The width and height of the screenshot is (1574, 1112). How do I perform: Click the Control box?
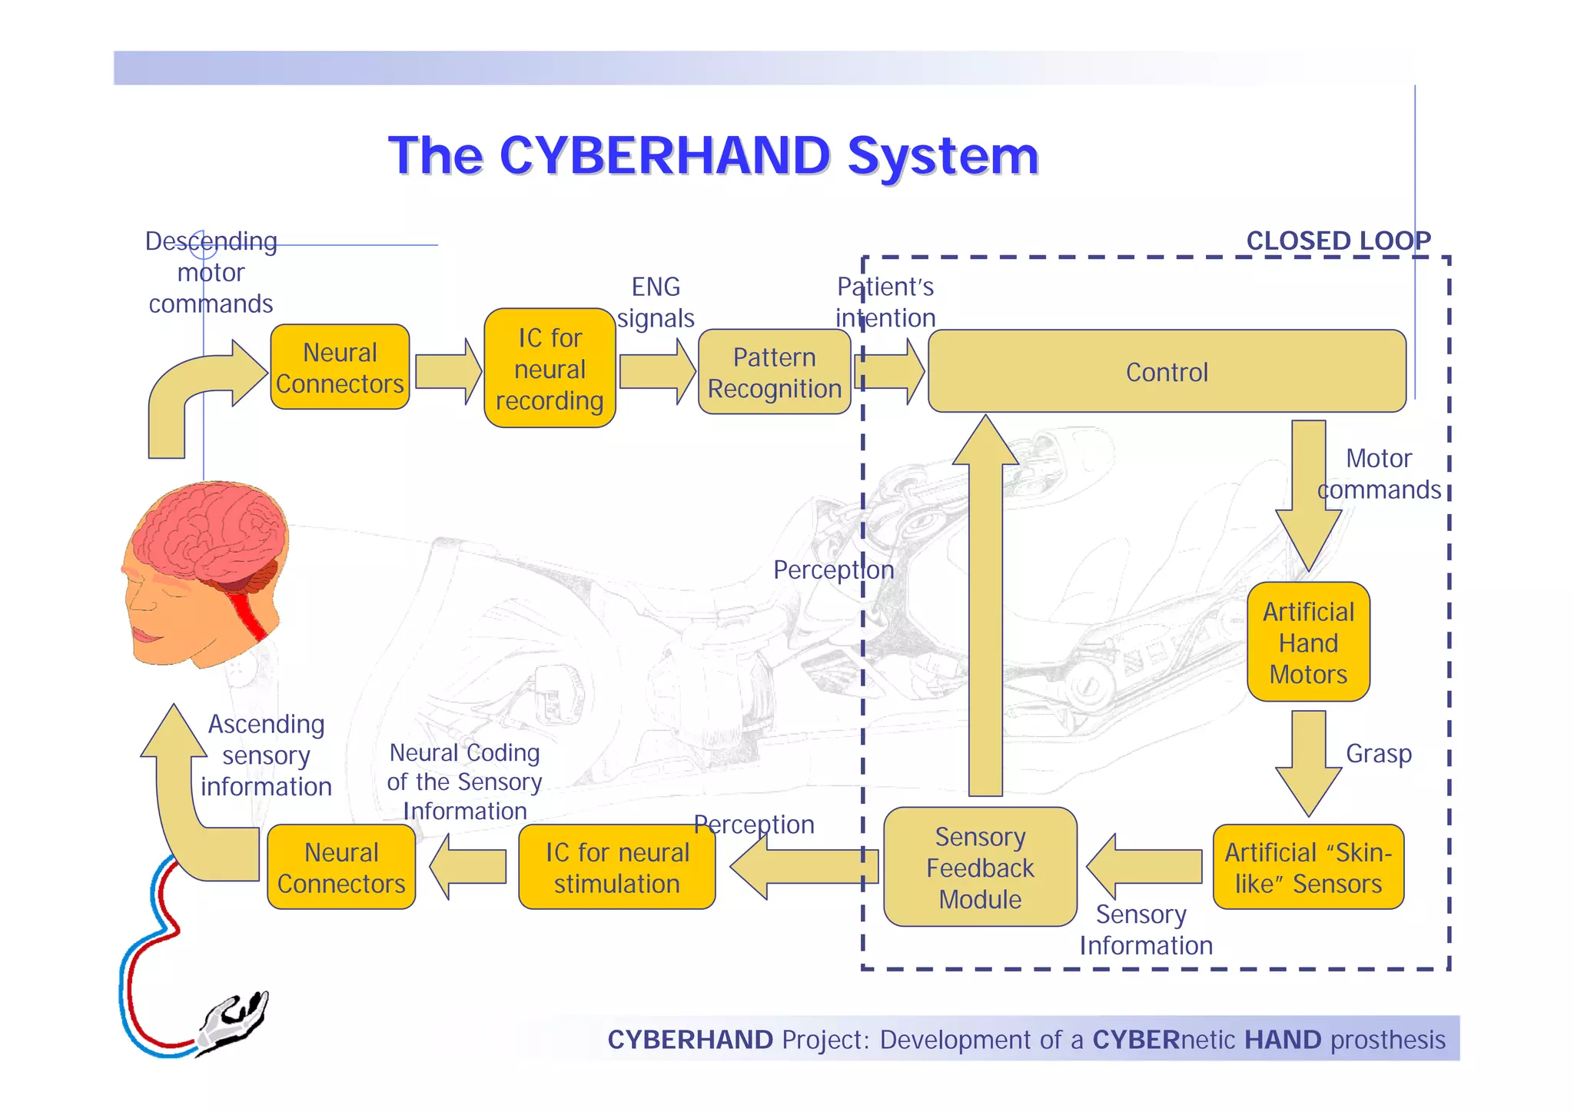[x=1167, y=372]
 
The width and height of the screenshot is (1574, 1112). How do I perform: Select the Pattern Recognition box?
[x=774, y=373]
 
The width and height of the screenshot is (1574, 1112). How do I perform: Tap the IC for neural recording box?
[x=550, y=369]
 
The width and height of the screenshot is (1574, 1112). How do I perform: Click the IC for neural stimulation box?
[x=616, y=868]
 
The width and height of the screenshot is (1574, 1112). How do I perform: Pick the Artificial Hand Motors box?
[x=1308, y=642]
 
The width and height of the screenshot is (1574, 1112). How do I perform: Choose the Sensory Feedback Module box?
[x=980, y=868]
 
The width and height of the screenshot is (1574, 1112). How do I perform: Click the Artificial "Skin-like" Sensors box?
[x=1308, y=868]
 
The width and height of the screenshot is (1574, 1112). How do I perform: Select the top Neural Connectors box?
[x=340, y=367]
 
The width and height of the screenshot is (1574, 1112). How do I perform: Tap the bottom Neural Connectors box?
[x=341, y=868]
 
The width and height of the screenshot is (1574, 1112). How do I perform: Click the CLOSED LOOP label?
[x=1338, y=241]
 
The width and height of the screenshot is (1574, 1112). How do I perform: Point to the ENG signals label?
[x=656, y=302]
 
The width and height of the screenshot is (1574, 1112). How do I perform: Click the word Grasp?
[x=1379, y=753]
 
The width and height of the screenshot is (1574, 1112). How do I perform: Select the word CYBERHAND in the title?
[x=665, y=156]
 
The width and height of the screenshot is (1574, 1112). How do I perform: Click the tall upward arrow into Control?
[x=985, y=607]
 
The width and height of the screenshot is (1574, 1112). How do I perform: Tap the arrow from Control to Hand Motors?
[x=1308, y=492]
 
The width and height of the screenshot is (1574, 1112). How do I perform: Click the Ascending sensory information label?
[x=266, y=755]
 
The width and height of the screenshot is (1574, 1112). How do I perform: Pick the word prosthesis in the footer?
[x=1388, y=1040]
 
